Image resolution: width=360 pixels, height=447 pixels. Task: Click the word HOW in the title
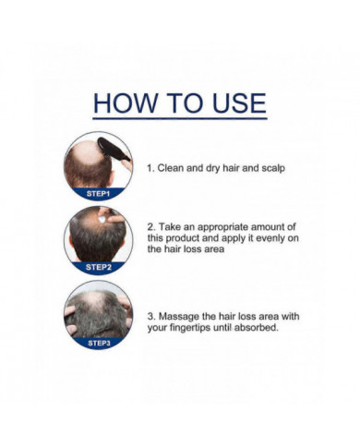tap(125, 103)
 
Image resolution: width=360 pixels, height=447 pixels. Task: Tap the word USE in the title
tap(239, 103)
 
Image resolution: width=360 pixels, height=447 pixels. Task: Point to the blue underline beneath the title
tap(180, 118)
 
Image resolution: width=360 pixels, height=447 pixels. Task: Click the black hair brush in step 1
tap(114, 149)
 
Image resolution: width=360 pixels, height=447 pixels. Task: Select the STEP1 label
tap(98, 194)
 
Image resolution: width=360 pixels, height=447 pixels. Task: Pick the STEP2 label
tap(99, 267)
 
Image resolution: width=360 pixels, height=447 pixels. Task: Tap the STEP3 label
tap(99, 343)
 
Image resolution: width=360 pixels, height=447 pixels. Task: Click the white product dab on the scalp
tap(102, 219)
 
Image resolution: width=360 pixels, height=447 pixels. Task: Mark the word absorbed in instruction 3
tap(257, 328)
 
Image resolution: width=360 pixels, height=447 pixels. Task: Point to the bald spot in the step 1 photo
tap(90, 153)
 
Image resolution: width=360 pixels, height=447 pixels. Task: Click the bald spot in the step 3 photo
tap(94, 300)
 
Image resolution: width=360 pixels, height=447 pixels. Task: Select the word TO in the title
tap(185, 103)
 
